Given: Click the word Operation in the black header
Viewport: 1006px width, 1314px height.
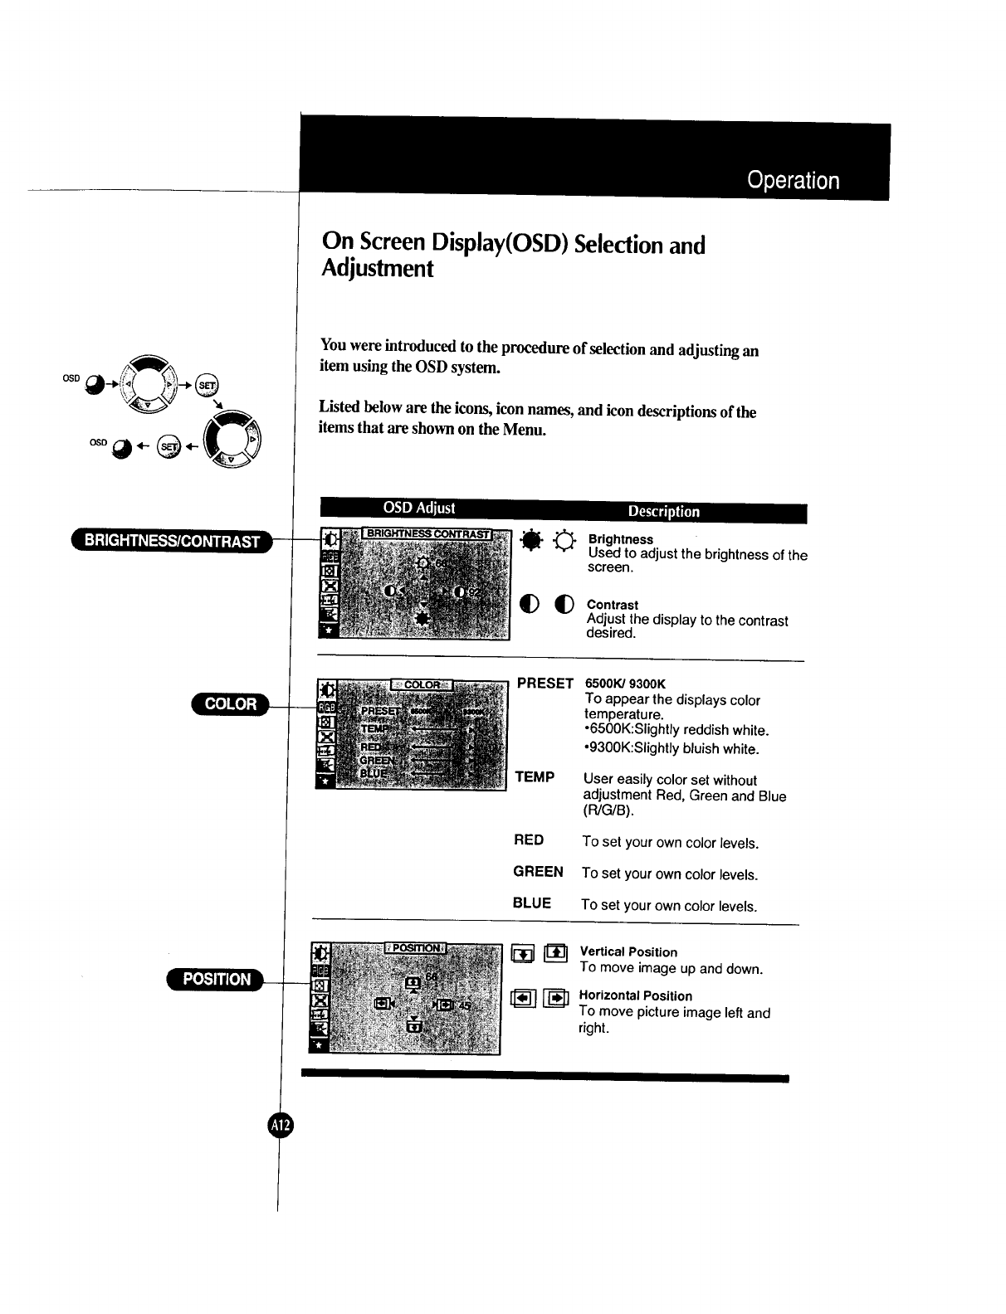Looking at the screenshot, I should pyautogui.click(x=793, y=181).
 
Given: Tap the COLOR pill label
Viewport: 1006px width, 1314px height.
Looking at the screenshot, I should pyautogui.click(x=230, y=704).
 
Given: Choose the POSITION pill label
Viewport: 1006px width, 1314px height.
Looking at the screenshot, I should pyautogui.click(x=216, y=979).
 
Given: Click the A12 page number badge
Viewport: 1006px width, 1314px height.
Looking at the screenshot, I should pyautogui.click(x=281, y=1125).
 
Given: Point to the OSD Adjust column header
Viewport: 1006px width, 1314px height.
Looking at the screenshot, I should pyautogui.click(x=418, y=508).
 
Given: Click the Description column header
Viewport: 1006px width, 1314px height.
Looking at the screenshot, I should pyautogui.click(x=663, y=512).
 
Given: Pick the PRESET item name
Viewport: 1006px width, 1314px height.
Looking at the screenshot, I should pyautogui.click(x=545, y=684).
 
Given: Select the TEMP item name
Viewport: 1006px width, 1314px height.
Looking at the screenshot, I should pyautogui.click(x=535, y=777).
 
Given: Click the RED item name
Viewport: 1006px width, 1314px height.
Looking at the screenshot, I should pyautogui.click(x=529, y=840).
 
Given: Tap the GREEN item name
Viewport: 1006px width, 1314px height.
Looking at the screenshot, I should pyautogui.click(x=538, y=872).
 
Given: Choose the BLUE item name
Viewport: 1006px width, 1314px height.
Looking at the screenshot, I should pyautogui.click(x=532, y=903).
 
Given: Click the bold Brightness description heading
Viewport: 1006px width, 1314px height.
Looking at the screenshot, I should pyautogui.click(x=620, y=539).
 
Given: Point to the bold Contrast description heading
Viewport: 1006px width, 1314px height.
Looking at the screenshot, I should pyautogui.click(x=613, y=606).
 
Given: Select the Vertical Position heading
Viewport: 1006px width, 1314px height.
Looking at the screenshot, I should pyautogui.click(x=628, y=952).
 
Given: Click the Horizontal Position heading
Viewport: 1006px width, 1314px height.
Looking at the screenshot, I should pyautogui.click(x=635, y=996).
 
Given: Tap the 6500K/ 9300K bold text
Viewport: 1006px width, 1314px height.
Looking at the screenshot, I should pyautogui.click(x=625, y=684).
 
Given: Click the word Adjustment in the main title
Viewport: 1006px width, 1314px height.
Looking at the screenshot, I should pyautogui.click(x=377, y=270).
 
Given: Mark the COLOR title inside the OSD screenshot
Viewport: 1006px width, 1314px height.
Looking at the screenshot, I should pyautogui.click(x=422, y=684).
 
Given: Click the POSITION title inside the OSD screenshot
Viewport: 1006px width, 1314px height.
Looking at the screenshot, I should pyautogui.click(x=416, y=948).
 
